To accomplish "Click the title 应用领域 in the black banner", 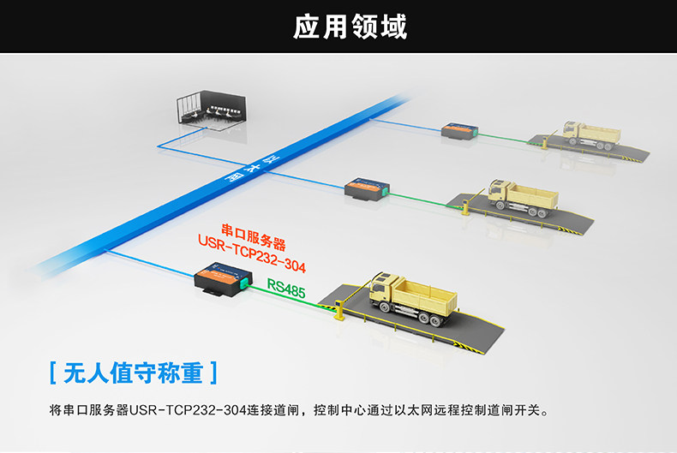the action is [350, 27].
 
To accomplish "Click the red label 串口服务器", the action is [254, 237].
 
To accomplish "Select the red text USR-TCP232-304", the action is [252, 253].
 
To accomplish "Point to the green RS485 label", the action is [286, 289].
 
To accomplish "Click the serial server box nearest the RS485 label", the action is [223, 278].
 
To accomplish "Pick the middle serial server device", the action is [367, 189].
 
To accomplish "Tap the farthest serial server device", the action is [460, 131].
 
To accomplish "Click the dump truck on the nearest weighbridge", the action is [412, 298].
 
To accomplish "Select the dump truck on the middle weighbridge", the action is [523, 198].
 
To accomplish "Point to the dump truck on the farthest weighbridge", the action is [591, 135].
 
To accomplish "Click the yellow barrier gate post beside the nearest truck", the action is [339, 309].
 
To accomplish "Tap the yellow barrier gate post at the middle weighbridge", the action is [465, 207].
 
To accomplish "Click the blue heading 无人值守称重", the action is [134, 373].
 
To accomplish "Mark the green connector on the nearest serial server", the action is [244, 283].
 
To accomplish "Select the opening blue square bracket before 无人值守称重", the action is [52, 373].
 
